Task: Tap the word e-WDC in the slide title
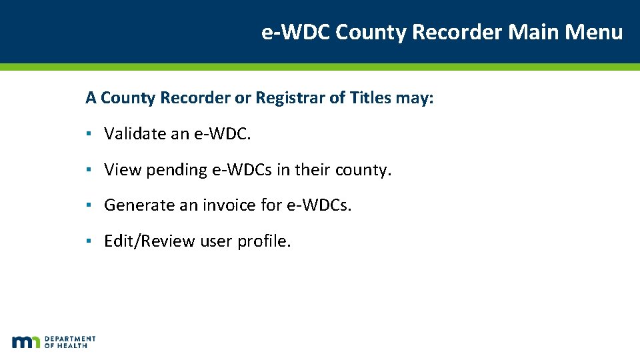tap(296, 32)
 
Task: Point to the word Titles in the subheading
tap(370, 98)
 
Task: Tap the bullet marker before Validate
tap(89, 134)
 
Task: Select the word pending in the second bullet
tap(177, 171)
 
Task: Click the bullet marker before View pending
tap(89, 170)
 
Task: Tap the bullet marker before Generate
tap(89, 205)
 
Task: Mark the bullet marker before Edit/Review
tap(89, 241)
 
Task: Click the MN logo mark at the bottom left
tap(26, 342)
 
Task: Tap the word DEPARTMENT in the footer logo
tap(70, 339)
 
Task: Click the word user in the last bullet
tap(216, 241)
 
